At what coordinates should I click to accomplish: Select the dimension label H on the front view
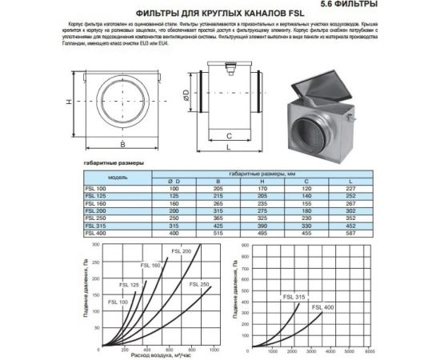pyautogui.click(x=70, y=102)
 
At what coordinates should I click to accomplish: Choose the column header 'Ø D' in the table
pyautogui.click(x=174, y=182)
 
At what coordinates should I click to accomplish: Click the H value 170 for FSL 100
pyautogui.click(x=260, y=189)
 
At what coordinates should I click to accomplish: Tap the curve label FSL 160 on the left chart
pyautogui.click(x=151, y=265)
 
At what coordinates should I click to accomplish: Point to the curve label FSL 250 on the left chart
pyautogui.click(x=200, y=285)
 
